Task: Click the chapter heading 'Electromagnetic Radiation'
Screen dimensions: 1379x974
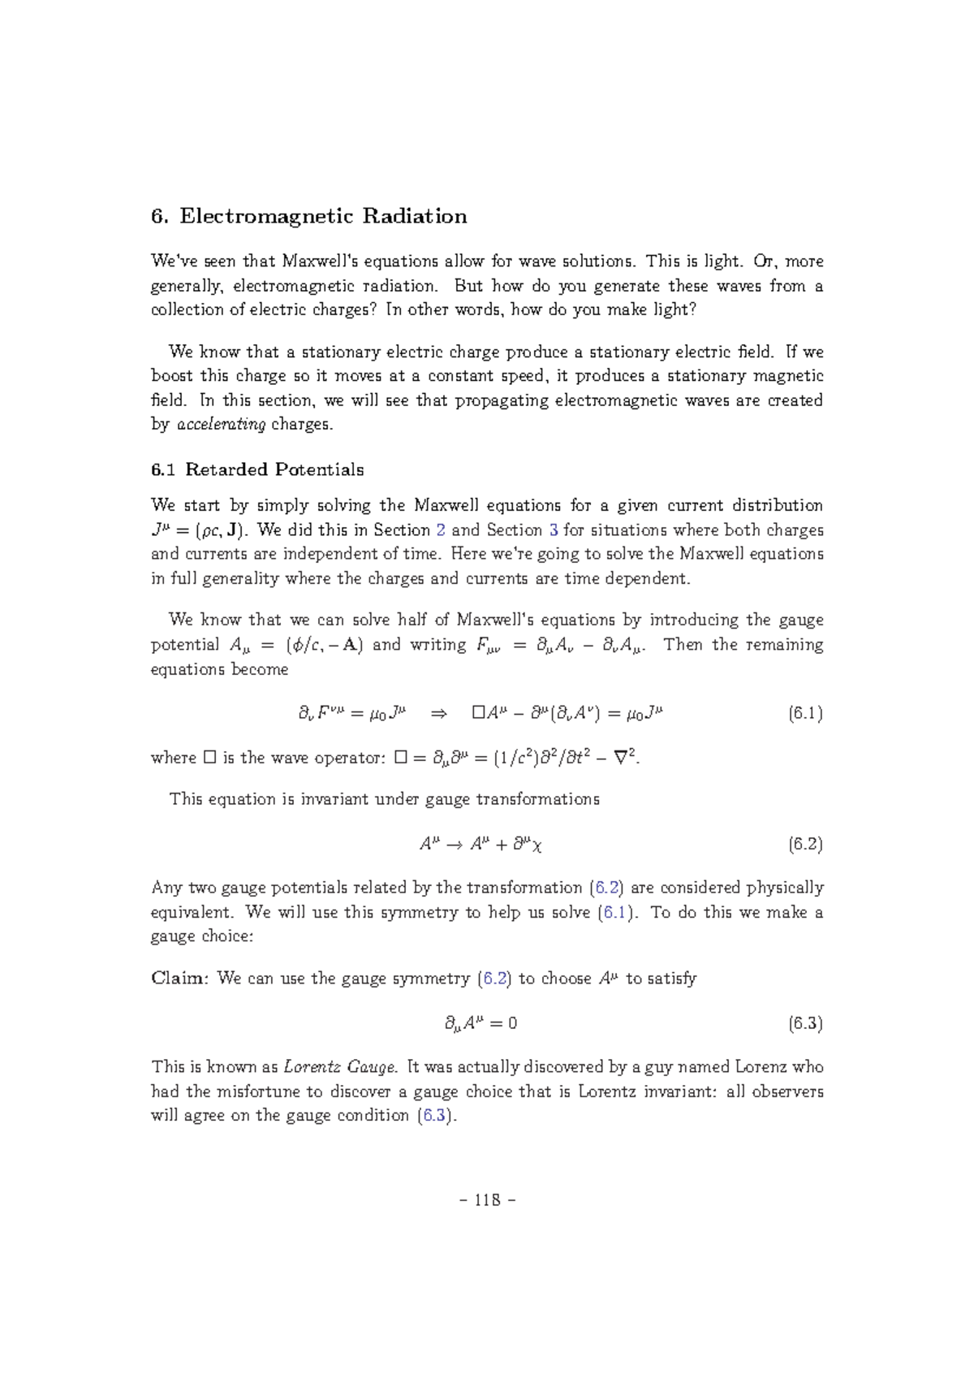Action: tap(323, 216)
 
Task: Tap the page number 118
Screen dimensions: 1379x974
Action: tap(487, 1200)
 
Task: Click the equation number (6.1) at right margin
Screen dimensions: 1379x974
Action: tap(805, 714)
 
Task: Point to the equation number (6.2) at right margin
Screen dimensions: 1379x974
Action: tap(805, 844)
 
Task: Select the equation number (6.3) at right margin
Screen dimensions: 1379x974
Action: tap(805, 1023)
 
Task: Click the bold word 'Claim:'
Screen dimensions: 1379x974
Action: tap(181, 979)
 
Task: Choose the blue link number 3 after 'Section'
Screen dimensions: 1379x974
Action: tap(554, 530)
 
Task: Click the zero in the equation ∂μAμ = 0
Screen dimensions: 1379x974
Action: tap(511, 1024)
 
